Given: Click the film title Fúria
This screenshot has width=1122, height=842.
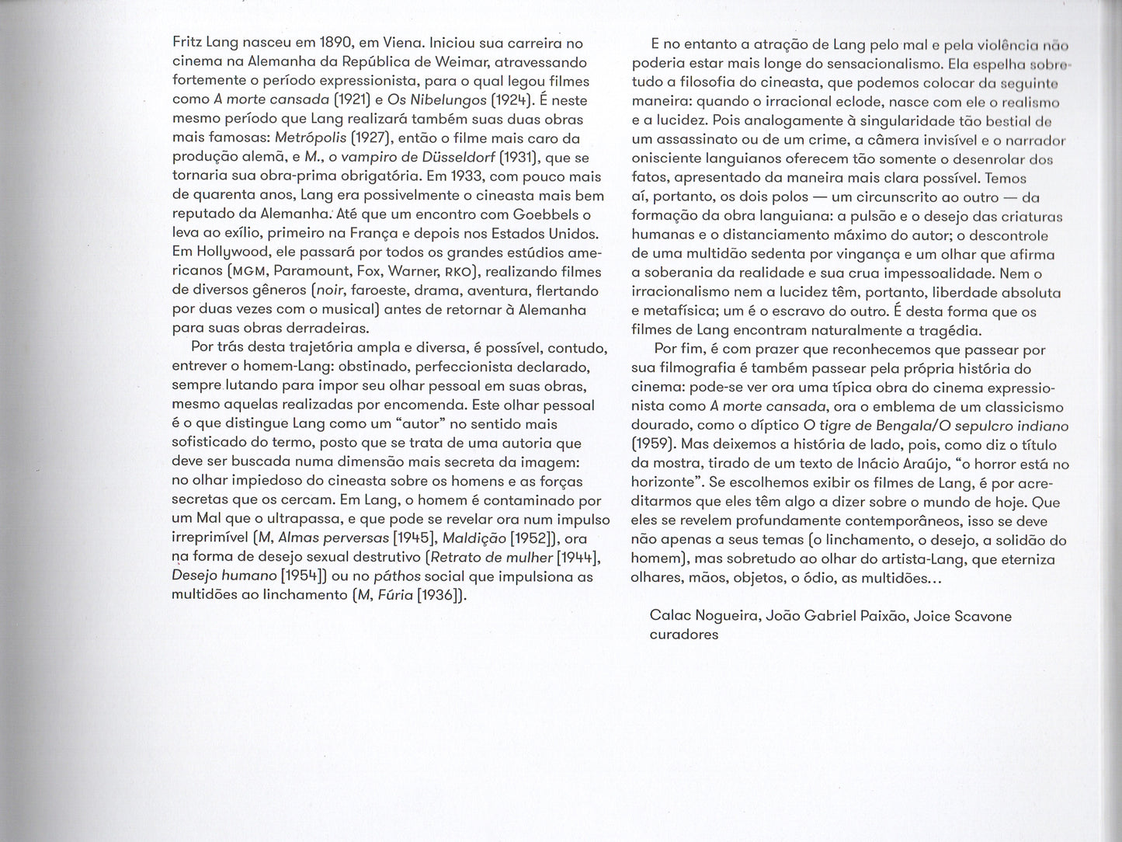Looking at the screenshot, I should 392,596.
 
